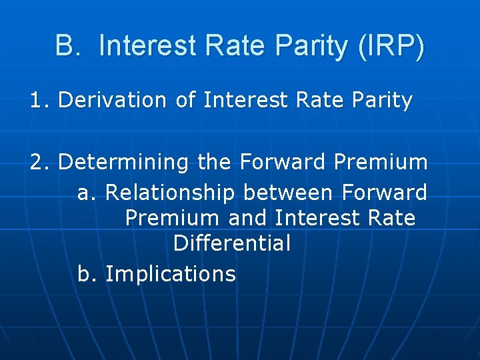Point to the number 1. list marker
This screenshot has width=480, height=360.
40,101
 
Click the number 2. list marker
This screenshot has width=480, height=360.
40,162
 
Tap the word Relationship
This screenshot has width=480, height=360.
170,193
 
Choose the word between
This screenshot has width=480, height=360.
289,193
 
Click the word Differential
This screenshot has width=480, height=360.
232,243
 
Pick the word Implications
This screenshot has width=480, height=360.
171,274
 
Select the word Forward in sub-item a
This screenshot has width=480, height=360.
384,193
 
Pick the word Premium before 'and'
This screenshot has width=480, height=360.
172,218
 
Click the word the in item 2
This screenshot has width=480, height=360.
215,162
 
